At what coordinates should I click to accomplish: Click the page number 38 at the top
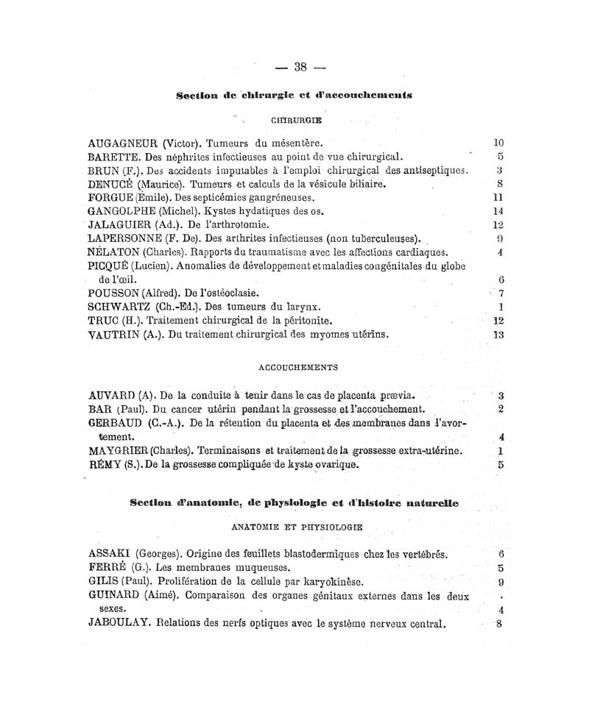tap(300, 67)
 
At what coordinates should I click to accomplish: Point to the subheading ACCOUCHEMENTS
tap(297, 366)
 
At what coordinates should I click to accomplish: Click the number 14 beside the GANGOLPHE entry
tap(497, 211)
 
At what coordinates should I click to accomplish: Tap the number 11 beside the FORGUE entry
tap(497, 197)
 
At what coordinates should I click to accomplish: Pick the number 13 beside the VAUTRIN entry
tap(497, 335)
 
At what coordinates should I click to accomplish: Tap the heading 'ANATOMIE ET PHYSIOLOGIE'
tap(297, 527)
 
